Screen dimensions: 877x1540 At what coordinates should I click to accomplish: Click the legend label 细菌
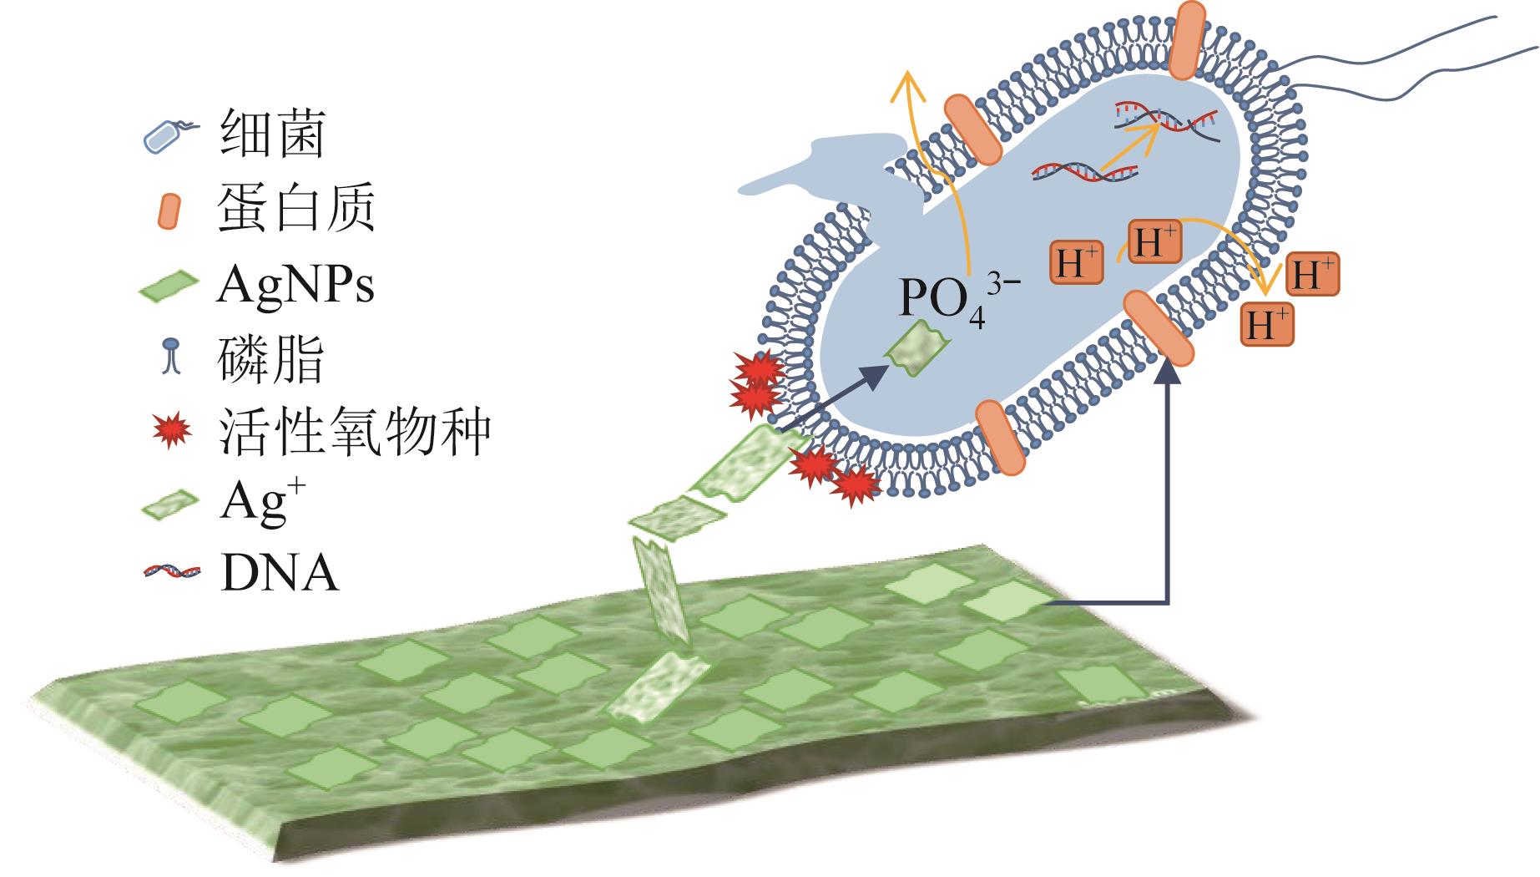click(272, 134)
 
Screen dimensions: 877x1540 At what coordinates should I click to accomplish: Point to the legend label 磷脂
click(272, 359)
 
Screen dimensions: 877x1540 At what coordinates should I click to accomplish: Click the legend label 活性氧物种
click(355, 432)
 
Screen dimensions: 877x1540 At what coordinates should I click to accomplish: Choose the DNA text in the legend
click(280, 574)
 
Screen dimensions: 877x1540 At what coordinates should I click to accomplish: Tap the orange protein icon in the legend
click(169, 210)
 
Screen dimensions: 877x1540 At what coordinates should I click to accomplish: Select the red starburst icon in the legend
click(172, 431)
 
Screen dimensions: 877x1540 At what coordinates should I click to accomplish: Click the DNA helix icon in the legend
click(172, 572)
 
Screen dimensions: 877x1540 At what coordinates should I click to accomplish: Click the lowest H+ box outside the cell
click(1267, 325)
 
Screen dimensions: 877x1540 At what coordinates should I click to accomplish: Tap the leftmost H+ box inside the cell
click(1076, 263)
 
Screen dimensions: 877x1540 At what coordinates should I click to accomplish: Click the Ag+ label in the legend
click(254, 503)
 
